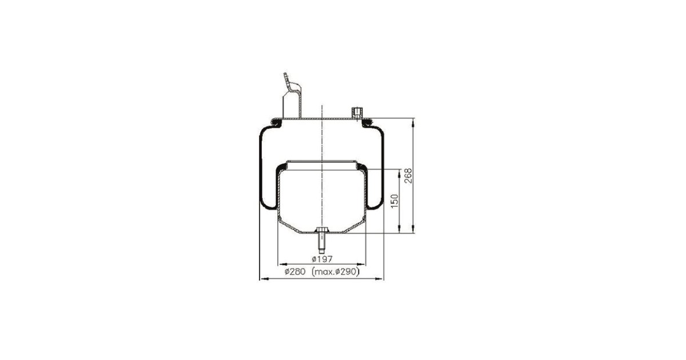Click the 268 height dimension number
point(408,176)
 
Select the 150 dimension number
point(395,201)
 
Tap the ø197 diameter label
point(322,259)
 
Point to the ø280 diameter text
point(295,271)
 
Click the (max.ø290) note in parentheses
point(336,271)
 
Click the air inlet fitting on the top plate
point(357,113)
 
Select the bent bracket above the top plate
point(292,95)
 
